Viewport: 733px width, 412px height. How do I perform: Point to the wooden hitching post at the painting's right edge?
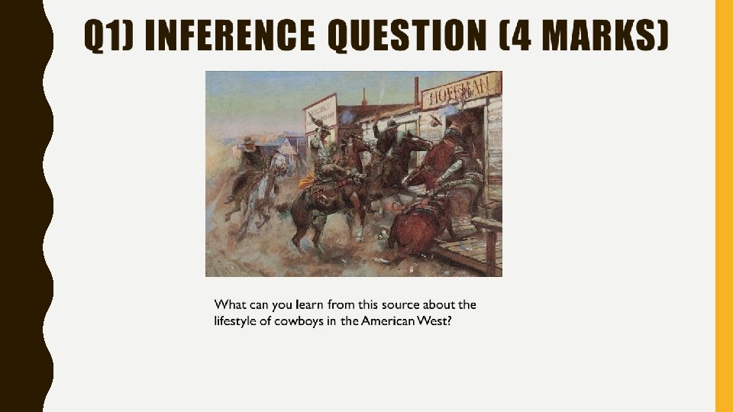coord(489,244)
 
